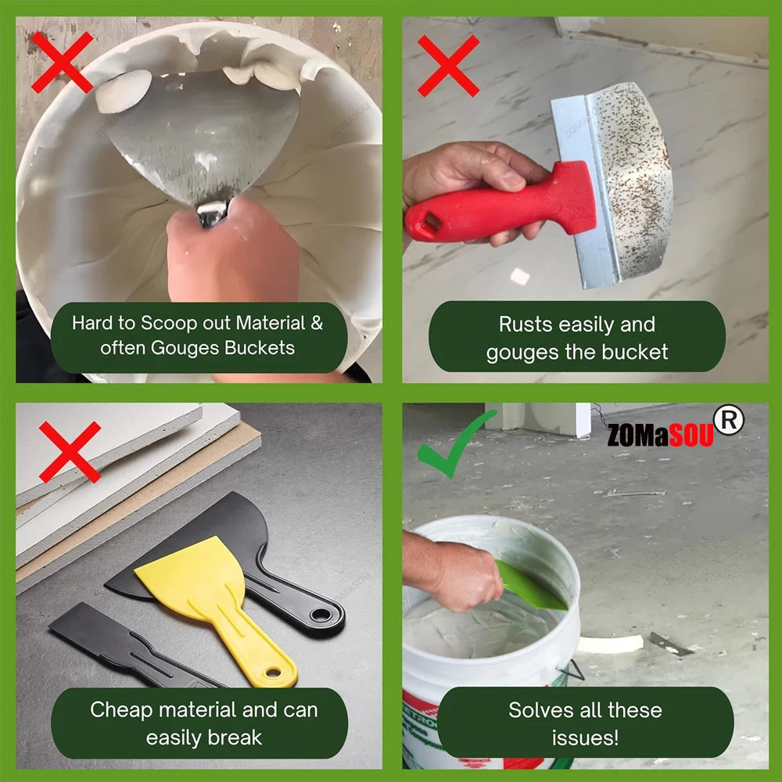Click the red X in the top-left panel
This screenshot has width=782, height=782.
point(62,62)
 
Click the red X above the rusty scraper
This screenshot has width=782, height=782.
point(448,66)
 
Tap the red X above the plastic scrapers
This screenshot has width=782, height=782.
point(70,451)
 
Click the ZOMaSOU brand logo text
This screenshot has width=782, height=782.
point(660,435)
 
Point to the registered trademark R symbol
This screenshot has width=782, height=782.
point(729,421)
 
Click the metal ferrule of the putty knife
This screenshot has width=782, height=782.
point(213,213)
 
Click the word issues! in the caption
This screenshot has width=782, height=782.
point(585,737)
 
